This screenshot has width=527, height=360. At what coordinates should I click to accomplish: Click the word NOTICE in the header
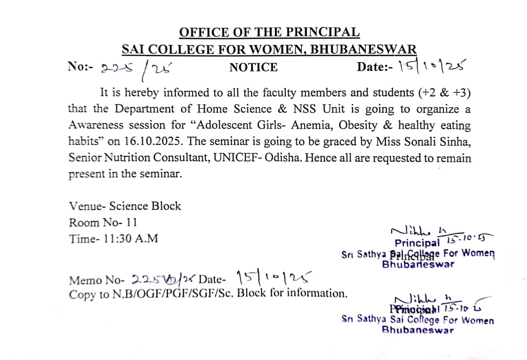point(254,67)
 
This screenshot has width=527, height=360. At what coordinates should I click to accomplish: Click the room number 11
point(132,222)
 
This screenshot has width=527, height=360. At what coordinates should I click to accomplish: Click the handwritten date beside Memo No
point(273,279)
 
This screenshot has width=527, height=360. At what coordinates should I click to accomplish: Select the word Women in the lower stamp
point(478,320)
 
